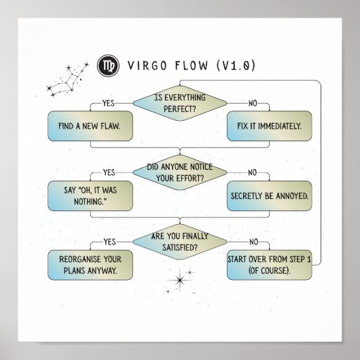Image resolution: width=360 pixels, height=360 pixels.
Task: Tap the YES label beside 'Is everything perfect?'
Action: click(108, 103)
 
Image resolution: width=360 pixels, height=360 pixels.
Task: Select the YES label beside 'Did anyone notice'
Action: click(108, 173)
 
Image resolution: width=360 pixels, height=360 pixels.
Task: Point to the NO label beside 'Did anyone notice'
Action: click(253, 173)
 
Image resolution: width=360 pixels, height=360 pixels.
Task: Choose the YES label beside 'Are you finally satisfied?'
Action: click(108, 241)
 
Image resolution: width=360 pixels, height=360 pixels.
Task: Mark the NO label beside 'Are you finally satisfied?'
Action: click(253, 241)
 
